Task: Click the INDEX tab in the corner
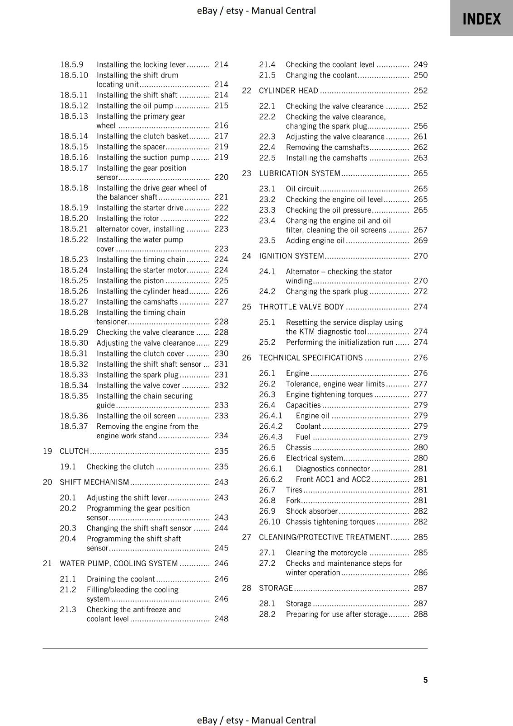click(x=481, y=19)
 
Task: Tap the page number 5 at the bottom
click(x=425, y=680)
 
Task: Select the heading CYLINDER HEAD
click(x=288, y=90)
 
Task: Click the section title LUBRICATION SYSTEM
click(x=299, y=173)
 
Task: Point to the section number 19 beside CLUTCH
click(x=47, y=451)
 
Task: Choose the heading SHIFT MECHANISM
click(x=94, y=482)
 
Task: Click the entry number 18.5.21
click(x=74, y=229)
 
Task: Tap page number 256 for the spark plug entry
click(x=420, y=126)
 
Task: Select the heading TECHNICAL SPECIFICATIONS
click(x=311, y=358)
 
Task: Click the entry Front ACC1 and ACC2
click(x=333, y=479)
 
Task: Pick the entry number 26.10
click(x=269, y=521)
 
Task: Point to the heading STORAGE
click(x=276, y=588)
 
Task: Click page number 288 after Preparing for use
click(x=420, y=614)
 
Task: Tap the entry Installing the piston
click(x=130, y=280)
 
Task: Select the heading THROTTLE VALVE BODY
click(x=301, y=307)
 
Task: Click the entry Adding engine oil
click(x=315, y=240)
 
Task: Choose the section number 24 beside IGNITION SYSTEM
click(x=247, y=256)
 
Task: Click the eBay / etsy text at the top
click(x=256, y=10)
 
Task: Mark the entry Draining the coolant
click(x=121, y=579)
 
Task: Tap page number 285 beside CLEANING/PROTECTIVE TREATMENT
click(x=420, y=537)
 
